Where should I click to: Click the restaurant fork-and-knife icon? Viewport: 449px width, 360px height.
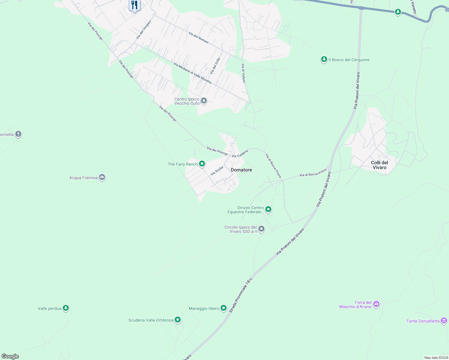point(134,5)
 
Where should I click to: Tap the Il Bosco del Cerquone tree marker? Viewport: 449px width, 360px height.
point(324,59)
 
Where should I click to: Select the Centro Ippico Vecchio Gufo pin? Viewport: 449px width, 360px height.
point(204,101)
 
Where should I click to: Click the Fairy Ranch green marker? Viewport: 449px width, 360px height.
point(202,164)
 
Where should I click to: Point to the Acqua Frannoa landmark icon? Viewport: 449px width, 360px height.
point(102,178)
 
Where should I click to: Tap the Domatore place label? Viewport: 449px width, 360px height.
point(241,170)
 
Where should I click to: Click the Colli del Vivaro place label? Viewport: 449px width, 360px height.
point(379,165)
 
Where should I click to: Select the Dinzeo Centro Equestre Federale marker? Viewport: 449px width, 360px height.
point(268,209)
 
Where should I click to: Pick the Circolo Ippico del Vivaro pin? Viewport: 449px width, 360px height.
point(261,229)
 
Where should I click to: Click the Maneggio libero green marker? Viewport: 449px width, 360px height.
point(223,308)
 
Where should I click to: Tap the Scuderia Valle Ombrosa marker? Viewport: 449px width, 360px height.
point(178,320)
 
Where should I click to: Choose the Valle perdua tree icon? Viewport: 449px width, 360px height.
point(66,308)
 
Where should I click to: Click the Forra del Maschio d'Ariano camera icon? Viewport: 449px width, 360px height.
point(376,304)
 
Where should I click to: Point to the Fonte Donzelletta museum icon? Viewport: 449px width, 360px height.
point(444,321)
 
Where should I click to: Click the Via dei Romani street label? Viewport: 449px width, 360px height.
point(199,38)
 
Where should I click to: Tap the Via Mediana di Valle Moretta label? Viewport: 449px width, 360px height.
point(192,73)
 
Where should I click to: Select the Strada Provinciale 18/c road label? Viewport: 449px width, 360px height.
point(241,295)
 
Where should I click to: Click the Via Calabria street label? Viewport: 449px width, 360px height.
point(240,154)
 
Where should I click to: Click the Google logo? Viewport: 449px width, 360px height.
point(10,356)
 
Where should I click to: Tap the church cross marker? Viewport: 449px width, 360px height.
point(18,134)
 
